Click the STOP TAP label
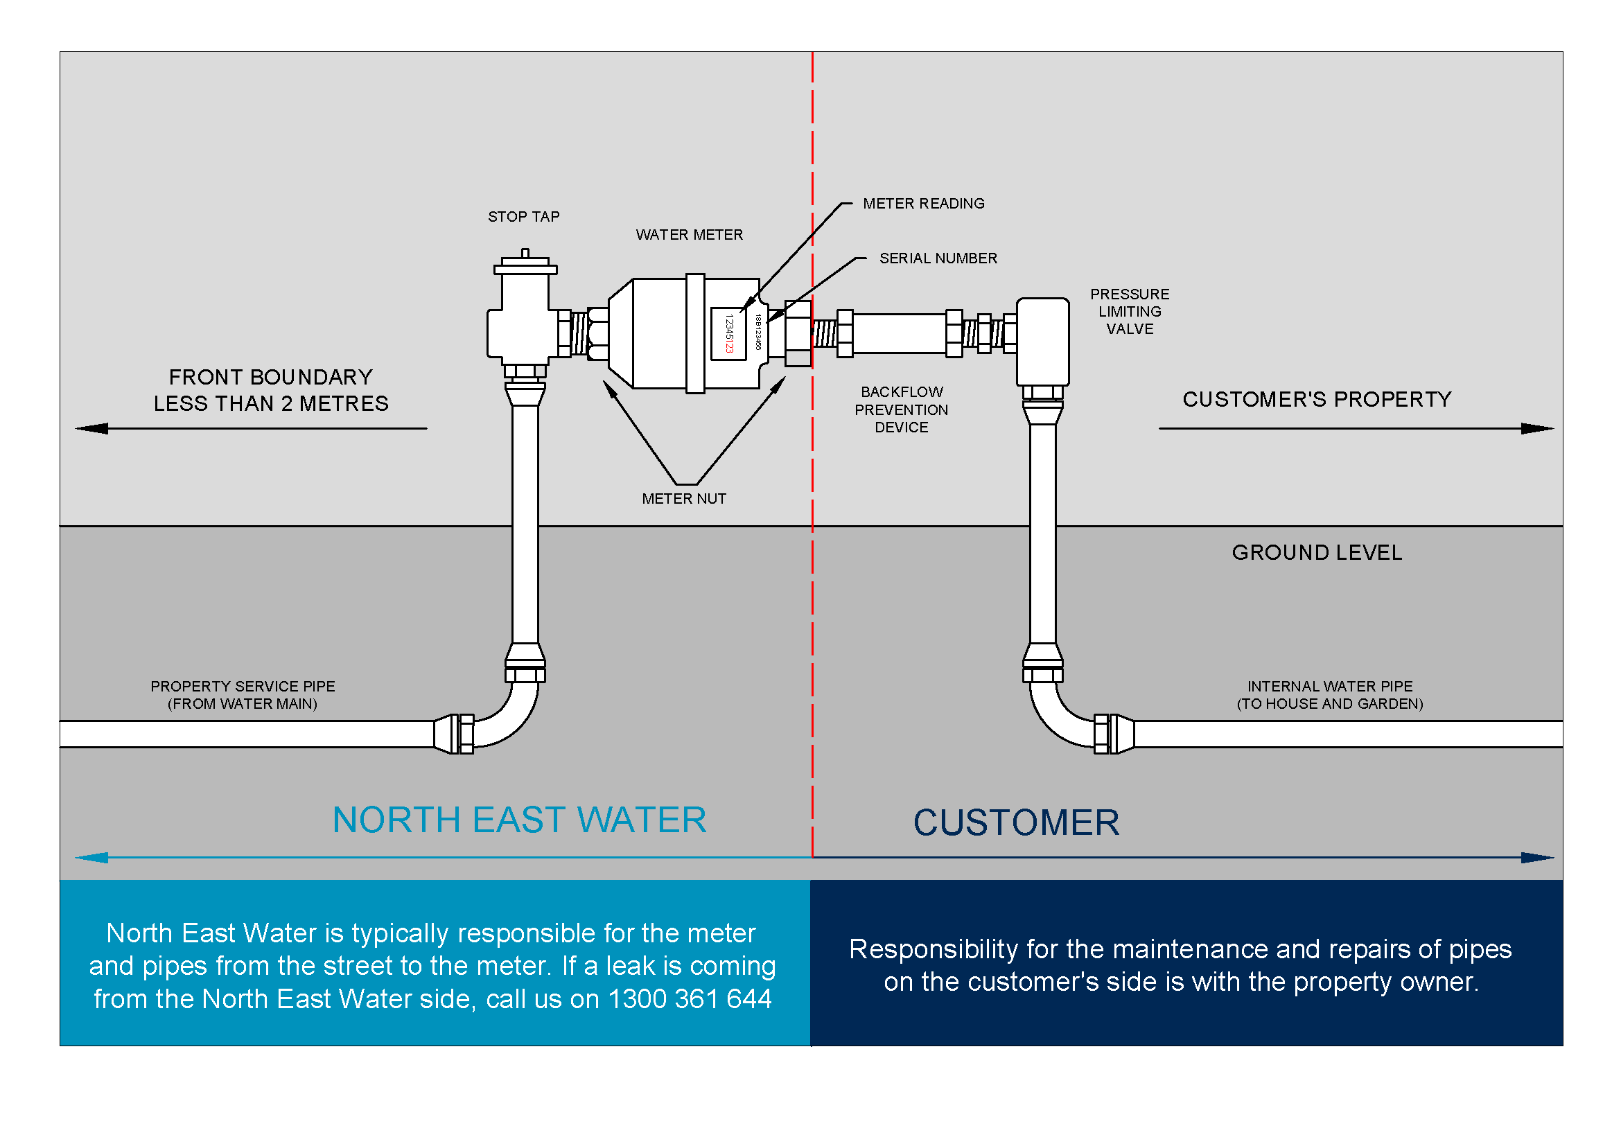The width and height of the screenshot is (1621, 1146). (523, 217)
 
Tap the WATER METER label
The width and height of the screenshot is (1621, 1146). (689, 235)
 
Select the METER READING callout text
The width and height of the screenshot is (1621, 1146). (923, 204)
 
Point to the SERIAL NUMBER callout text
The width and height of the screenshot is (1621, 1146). (938, 259)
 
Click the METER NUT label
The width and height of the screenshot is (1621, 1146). (683, 499)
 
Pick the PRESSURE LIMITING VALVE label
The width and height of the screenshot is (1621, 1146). (1129, 311)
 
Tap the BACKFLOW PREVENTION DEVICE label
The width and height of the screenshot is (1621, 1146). (901, 410)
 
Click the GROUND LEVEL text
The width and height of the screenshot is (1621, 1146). (1317, 552)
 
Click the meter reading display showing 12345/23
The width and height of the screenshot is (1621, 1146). (728, 334)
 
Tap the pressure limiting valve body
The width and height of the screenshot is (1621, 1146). (1042, 342)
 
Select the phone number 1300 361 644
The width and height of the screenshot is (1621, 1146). (690, 999)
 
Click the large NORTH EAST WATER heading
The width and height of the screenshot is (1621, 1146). (519, 820)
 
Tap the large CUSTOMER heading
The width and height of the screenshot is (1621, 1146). (1016, 823)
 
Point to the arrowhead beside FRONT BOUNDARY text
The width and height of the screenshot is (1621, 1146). (91, 428)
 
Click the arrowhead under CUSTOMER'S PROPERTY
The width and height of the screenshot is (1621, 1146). (1536, 428)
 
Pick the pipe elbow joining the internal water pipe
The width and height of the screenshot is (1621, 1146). (1059, 719)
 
